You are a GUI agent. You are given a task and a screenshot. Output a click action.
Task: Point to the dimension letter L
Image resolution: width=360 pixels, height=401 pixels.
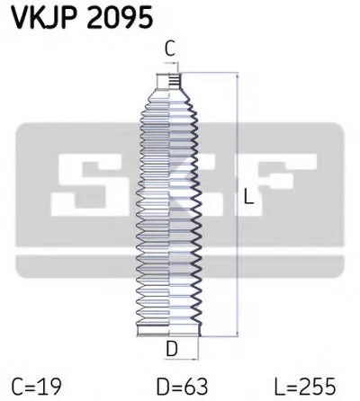[x=248, y=203]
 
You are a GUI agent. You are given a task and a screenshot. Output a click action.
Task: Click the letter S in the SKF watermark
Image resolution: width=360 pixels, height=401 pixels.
[x=85, y=183]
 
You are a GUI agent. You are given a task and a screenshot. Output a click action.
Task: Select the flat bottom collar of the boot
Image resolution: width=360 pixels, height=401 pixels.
[x=167, y=334]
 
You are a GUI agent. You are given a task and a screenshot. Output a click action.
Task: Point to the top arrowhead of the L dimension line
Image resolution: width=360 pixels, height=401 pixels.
[x=238, y=77]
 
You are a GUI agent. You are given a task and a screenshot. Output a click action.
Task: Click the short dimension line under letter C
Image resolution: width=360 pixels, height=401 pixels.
[x=170, y=65]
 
